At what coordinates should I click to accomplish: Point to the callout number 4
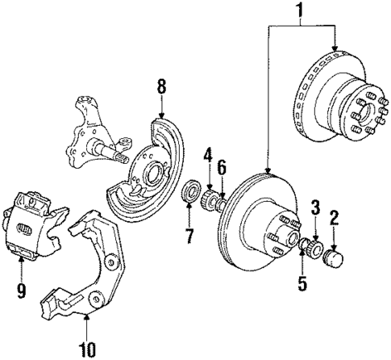pyautogui.click(x=207, y=153)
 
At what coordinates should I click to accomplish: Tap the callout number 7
pyautogui.click(x=189, y=237)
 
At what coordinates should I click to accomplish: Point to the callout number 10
pyautogui.click(x=86, y=348)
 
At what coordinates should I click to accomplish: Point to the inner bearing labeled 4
pyautogui.click(x=208, y=195)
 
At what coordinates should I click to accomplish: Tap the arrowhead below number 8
pyautogui.click(x=161, y=113)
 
